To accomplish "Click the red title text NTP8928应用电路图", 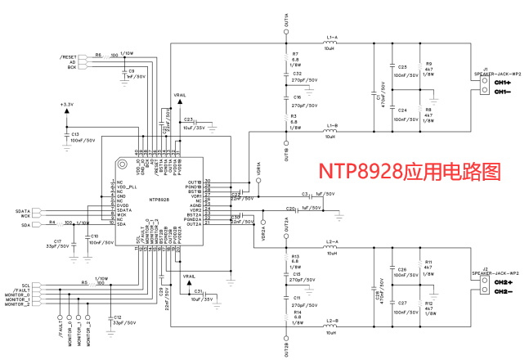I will (409, 172).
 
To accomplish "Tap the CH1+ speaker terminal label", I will (502, 83).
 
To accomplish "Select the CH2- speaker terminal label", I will (502, 292).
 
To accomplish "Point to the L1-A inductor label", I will (331, 38).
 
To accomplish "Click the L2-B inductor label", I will (331, 320).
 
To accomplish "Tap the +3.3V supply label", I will (67, 105).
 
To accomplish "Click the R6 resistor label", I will (98, 55).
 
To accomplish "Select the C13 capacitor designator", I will (74, 134).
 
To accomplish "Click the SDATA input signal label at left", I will (23, 211).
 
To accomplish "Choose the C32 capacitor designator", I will (297, 74).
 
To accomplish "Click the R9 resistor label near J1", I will (428, 62).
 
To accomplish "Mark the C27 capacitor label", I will (402, 303).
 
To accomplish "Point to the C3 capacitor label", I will (305, 194).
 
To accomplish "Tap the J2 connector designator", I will (485, 268).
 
